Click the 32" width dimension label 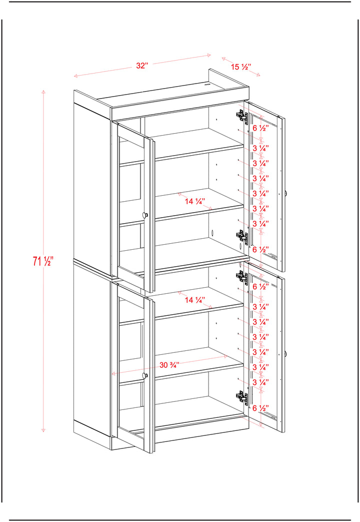[141, 65]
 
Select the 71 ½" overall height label [43, 261]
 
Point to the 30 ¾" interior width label [169, 365]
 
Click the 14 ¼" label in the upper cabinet [195, 201]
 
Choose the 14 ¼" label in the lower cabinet [195, 300]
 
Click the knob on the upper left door [144, 215]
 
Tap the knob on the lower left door [144, 375]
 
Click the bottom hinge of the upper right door [242, 237]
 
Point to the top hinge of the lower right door [242, 276]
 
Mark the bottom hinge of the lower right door [242, 397]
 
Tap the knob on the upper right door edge [286, 193]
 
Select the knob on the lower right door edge [286, 353]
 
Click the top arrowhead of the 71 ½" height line [43, 91]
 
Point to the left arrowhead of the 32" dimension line [75, 76]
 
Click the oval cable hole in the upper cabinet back [212, 233]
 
